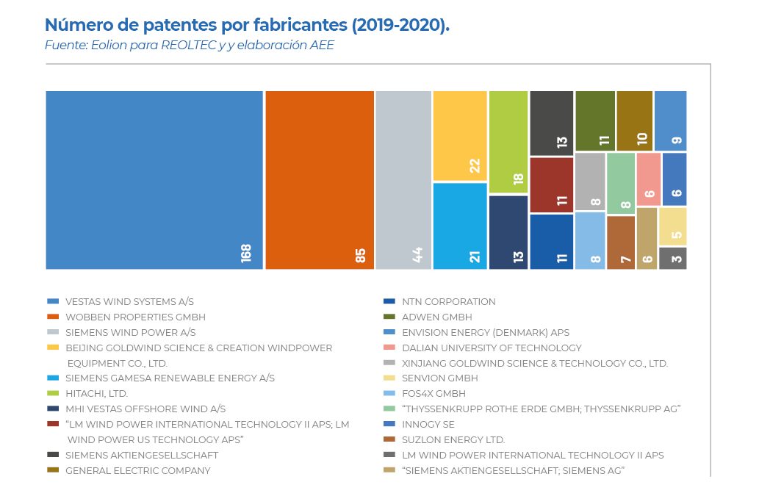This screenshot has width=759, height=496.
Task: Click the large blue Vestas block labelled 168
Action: (x=154, y=180)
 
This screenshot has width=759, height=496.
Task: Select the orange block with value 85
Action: (x=320, y=180)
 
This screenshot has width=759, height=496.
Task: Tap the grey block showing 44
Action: (x=403, y=180)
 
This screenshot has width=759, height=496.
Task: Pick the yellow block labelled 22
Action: (x=460, y=136)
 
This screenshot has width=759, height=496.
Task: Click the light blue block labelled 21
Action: (x=460, y=226)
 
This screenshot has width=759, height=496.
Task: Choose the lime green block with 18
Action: (x=508, y=142)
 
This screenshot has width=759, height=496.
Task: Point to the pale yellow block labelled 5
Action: (x=673, y=226)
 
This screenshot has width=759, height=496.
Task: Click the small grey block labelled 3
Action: (x=673, y=258)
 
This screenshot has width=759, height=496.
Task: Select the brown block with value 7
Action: (x=621, y=242)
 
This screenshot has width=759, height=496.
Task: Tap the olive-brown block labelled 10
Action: (x=635, y=121)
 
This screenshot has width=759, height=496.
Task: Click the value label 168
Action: (x=246, y=254)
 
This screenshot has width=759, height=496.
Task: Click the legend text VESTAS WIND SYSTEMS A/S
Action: (x=129, y=302)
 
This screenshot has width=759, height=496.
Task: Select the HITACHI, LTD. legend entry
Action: (x=96, y=394)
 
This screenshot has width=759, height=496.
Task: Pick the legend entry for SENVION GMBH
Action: (x=439, y=378)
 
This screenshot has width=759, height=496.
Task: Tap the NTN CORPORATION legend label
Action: (x=448, y=302)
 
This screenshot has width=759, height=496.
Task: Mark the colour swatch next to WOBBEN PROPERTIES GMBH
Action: (x=52, y=317)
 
